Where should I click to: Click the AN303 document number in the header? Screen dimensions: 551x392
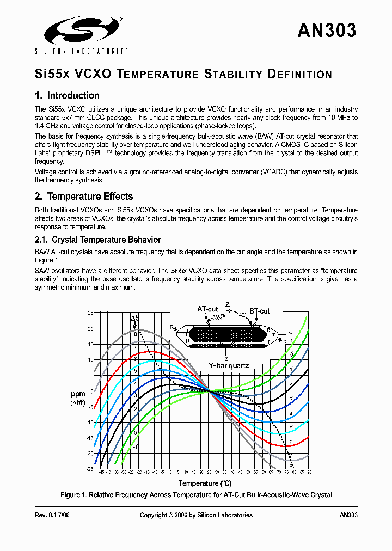coord(327,30)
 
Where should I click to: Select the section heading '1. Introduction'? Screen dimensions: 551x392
coord(67,96)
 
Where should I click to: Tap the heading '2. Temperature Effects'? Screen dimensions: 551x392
coord(84,197)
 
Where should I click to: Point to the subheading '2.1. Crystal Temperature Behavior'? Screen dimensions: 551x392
coord(98,240)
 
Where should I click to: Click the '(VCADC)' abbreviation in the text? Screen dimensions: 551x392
coord(297,172)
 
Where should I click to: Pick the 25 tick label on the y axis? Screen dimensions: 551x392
coord(91,313)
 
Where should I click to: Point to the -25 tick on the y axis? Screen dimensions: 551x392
coord(90,469)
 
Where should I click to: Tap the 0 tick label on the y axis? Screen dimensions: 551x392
coord(92,391)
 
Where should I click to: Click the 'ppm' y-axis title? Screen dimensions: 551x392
coord(77,394)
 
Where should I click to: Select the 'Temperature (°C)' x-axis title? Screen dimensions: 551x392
coord(205,483)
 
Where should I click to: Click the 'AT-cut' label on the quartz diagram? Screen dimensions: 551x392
coord(207,309)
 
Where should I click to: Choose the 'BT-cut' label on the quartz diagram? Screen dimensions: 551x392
coord(260,311)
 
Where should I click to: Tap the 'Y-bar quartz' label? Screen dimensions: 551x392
coord(229,365)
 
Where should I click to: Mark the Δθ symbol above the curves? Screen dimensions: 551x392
coord(134,317)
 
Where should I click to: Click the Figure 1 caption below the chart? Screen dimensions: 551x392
coord(196,495)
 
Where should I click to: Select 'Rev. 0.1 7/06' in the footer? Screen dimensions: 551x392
coord(53,515)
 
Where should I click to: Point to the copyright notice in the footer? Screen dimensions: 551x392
coord(196,515)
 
